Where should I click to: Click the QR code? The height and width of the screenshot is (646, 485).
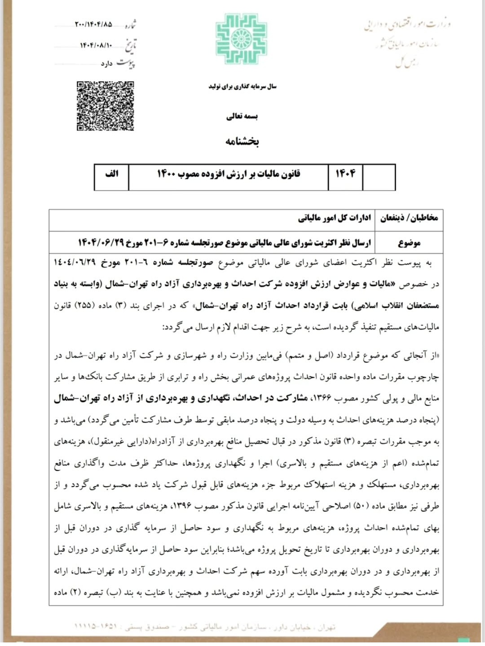click(105, 106)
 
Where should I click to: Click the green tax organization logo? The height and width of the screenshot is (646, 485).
click(242, 39)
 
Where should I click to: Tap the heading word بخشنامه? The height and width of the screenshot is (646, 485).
click(242, 141)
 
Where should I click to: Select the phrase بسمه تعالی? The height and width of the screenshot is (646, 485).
click(242, 117)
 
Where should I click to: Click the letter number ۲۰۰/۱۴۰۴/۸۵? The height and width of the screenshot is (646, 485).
click(93, 24)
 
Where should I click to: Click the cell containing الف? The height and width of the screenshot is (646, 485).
click(111, 174)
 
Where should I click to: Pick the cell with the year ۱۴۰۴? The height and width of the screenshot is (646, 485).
click(345, 174)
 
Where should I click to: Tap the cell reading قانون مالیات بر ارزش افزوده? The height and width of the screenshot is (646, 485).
click(228, 174)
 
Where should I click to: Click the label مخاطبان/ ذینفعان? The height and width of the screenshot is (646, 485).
click(409, 218)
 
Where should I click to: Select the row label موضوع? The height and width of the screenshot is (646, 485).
click(409, 243)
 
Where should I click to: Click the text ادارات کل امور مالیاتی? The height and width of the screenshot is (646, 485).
click(335, 218)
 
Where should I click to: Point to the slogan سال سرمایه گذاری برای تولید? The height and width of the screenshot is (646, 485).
click(242, 86)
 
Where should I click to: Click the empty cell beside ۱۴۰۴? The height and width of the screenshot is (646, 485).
click(379, 177)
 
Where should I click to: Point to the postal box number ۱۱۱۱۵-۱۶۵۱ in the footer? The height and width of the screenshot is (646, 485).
click(96, 626)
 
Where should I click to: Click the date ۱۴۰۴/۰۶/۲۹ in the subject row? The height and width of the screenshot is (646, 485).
click(101, 243)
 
